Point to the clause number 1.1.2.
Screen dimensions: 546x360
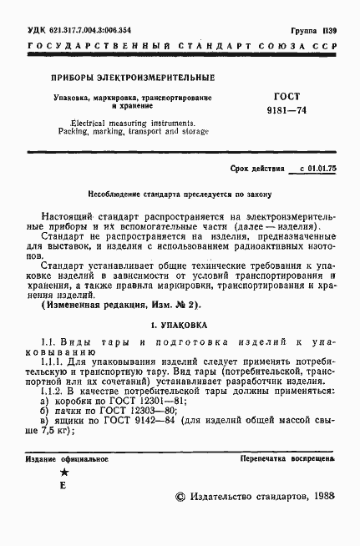point(52,390)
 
